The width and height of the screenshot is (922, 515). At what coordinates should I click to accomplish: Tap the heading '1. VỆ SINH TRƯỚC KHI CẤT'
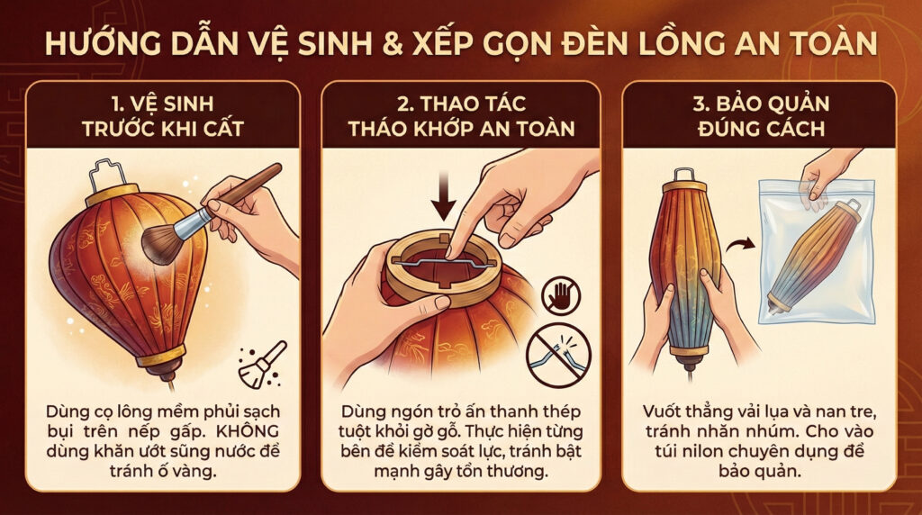[162, 115]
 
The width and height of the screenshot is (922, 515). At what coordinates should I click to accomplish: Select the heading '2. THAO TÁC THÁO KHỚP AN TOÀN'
[460, 115]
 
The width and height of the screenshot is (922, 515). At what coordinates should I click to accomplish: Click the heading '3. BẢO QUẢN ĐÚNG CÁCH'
[759, 115]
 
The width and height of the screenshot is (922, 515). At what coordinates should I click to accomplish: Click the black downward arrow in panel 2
[443, 198]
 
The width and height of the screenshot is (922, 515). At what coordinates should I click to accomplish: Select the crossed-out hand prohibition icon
[560, 294]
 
